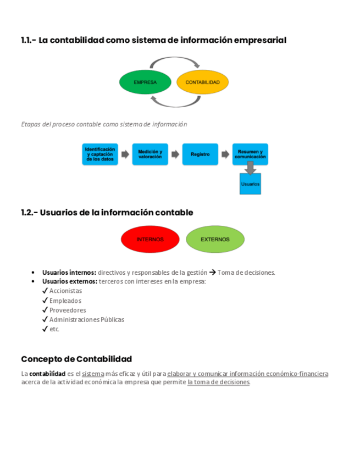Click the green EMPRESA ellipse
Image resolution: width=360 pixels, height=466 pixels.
145,82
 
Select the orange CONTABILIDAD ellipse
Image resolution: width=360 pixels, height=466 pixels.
202,82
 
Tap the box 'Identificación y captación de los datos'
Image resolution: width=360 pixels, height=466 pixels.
99,154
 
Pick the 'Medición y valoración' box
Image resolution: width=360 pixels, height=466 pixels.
150,154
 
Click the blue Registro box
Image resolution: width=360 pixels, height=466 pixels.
200,154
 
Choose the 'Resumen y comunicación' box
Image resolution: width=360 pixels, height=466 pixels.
250,154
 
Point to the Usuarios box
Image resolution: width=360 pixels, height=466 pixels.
250,184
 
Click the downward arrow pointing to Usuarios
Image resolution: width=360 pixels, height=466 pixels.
250,169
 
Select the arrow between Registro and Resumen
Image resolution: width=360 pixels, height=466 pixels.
225,154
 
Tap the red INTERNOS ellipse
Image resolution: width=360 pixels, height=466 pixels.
150,240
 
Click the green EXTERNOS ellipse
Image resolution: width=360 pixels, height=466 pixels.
215,240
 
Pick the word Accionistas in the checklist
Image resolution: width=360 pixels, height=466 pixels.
65,291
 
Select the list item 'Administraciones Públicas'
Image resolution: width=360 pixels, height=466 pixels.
87,319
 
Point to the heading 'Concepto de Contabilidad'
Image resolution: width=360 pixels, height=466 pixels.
76,359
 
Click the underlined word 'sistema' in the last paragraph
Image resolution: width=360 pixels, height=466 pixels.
93,374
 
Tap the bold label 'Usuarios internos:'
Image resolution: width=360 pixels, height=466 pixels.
69,273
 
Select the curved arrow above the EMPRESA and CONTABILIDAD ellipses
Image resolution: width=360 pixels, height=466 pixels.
174,61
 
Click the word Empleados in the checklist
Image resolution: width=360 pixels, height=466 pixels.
65,301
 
